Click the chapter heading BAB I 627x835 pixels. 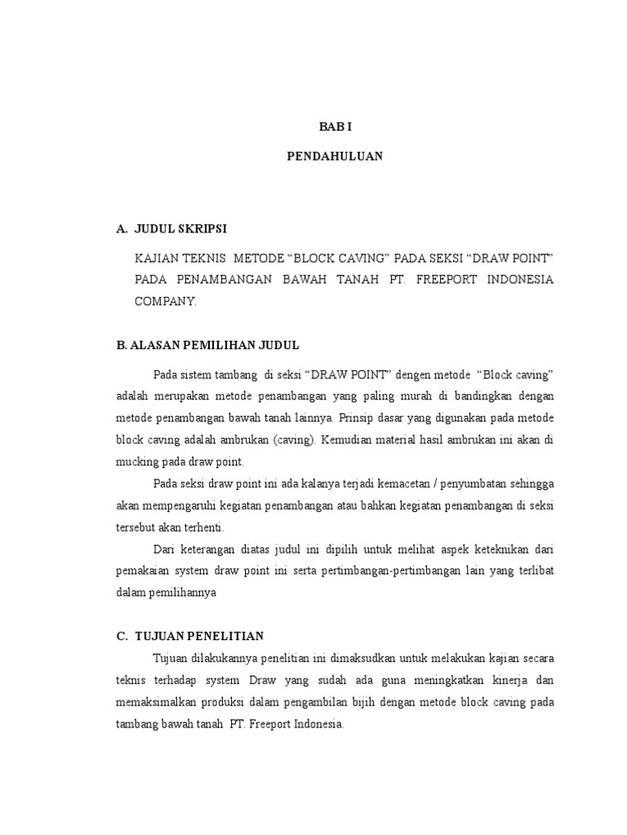click(334, 127)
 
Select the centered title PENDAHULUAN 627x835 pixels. click(335, 157)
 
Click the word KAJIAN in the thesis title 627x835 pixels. click(156, 258)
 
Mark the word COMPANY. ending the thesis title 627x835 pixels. click(166, 301)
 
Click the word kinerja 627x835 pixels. click(501, 679)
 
